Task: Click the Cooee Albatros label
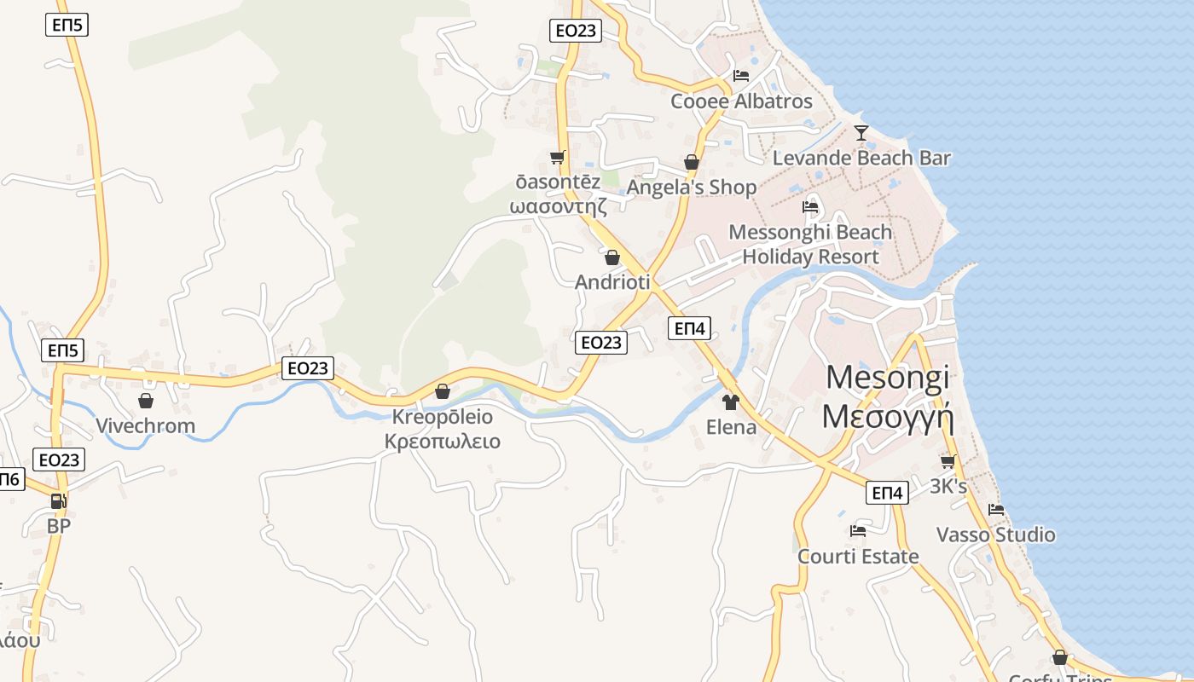(741, 101)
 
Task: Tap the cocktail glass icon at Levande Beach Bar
(861, 133)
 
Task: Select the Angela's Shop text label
(692, 188)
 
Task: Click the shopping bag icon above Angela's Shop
(692, 162)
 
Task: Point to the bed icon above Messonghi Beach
(810, 207)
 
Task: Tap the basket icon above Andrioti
(611, 257)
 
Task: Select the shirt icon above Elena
(731, 402)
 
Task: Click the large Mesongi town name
(888, 377)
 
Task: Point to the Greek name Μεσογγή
(887, 416)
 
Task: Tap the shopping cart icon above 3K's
(948, 461)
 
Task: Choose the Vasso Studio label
(995, 535)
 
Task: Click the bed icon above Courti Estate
(858, 531)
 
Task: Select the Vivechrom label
(145, 426)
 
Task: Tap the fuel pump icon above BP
(58, 501)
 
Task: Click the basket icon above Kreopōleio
(442, 391)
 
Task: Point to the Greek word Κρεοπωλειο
(442, 442)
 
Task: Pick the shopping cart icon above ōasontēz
(558, 157)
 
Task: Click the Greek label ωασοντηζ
(558, 206)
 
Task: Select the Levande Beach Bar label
(861, 159)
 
